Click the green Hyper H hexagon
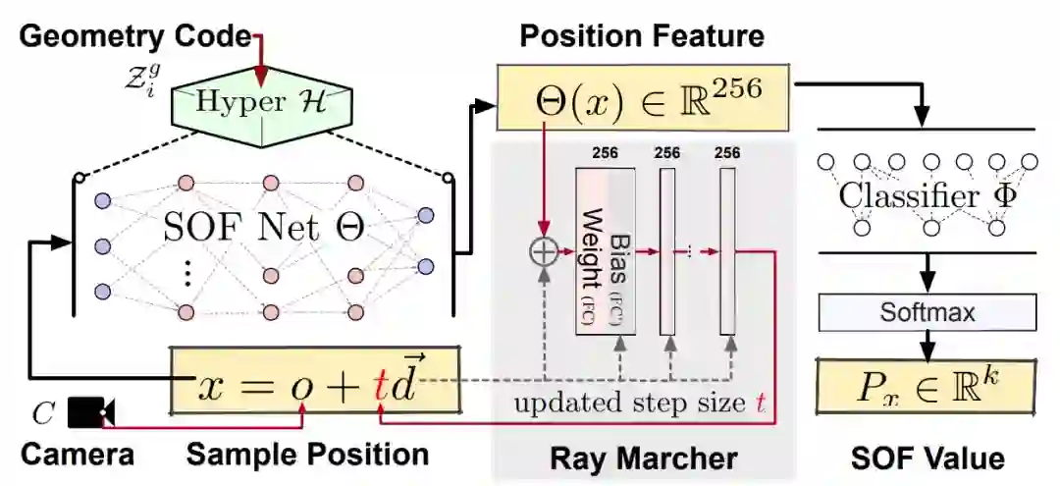tap(262, 101)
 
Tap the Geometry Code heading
tap(135, 36)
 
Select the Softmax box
tap(927, 313)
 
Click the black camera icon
tap(90, 411)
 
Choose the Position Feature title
tap(642, 36)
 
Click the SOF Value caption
tap(927, 457)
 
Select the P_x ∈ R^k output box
tap(927, 384)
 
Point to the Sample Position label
tap(307, 455)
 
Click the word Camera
tap(78, 455)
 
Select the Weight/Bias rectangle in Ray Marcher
tap(605, 250)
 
